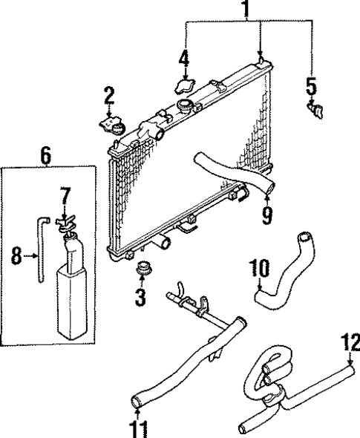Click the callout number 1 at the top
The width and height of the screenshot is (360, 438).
click(245, 11)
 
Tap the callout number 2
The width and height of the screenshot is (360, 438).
click(108, 94)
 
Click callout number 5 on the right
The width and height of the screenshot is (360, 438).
click(312, 87)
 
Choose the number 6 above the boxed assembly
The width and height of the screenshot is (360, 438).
click(45, 156)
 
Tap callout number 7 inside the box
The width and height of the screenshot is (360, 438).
click(65, 196)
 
